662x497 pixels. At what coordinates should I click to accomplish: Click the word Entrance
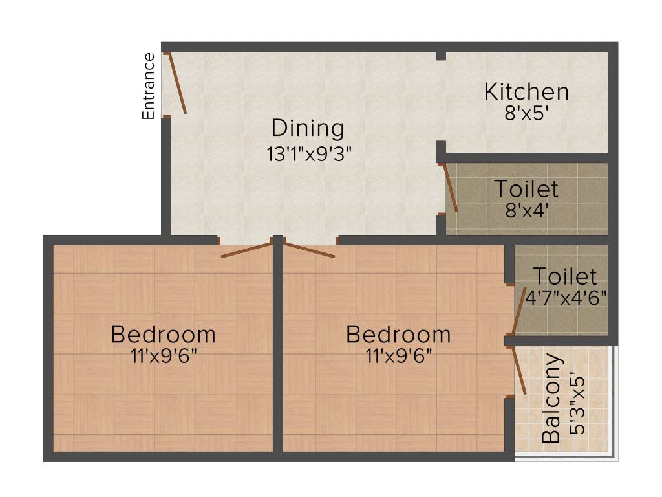coord(149,86)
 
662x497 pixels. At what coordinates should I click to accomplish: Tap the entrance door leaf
coord(177,83)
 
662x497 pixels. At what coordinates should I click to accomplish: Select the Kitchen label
coord(527,91)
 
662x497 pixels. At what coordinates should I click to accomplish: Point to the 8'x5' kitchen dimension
coord(527,113)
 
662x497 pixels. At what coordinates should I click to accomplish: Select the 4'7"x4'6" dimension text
coord(565,300)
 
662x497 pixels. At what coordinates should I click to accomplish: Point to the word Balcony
coord(551,397)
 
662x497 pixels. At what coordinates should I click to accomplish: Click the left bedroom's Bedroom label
coord(164,335)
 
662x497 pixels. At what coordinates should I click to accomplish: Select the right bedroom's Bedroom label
coord(398,335)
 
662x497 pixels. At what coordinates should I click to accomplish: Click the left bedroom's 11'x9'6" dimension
coord(164,355)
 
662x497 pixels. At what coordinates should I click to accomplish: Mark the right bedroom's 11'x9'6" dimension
coord(398,355)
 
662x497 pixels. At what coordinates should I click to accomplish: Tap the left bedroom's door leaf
coord(246,250)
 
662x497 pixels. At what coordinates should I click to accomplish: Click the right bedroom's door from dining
coord(310,250)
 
